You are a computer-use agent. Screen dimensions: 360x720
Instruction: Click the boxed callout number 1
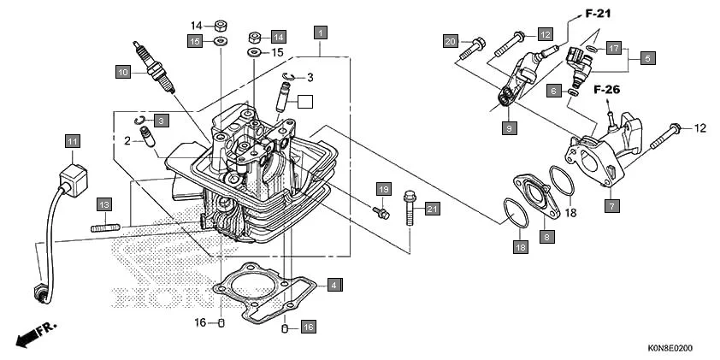click(x=320, y=33)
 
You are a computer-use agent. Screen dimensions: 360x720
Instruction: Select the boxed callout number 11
click(x=74, y=141)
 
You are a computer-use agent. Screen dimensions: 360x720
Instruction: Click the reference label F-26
click(x=606, y=88)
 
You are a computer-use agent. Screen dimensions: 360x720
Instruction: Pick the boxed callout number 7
click(x=611, y=205)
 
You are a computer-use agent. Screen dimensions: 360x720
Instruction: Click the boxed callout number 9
click(x=509, y=127)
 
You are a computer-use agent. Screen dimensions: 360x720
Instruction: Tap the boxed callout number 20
click(x=451, y=41)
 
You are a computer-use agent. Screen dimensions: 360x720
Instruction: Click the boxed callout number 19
click(x=383, y=188)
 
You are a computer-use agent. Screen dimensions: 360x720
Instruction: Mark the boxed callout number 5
click(x=647, y=58)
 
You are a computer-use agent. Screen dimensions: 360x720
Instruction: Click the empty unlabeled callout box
click(x=305, y=101)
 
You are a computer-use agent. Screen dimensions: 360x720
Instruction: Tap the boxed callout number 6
click(x=553, y=91)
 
